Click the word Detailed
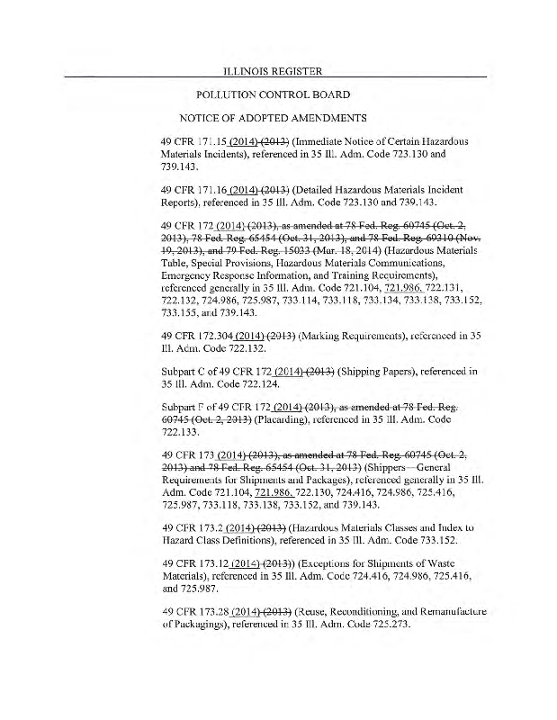click(x=317, y=191)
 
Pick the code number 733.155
click(x=179, y=313)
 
